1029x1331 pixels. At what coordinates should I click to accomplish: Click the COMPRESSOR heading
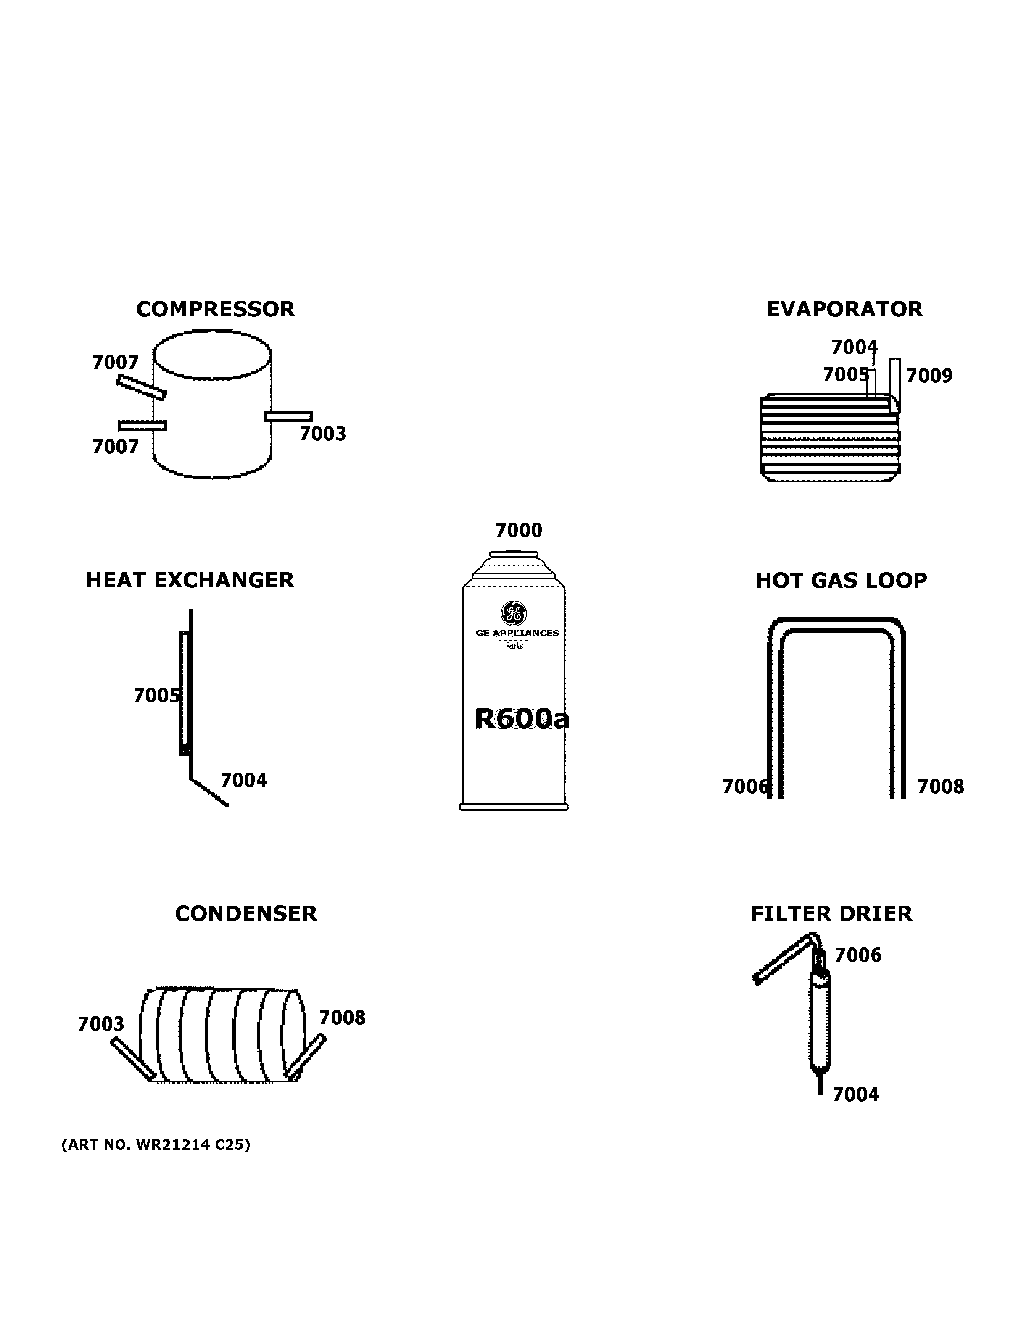pyautogui.click(x=215, y=310)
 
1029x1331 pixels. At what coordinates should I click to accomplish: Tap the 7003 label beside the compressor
pyautogui.click(x=322, y=434)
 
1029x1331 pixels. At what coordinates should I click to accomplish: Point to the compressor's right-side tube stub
pyautogui.click(x=288, y=416)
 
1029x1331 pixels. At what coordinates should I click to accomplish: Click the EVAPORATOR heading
pyautogui.click(x=844, y=310)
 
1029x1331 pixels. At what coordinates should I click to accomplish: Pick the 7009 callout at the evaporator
pyautogui.click(x=929, y=376)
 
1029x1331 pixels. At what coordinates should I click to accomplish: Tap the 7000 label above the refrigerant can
pyautogui.click(x=519, y=531)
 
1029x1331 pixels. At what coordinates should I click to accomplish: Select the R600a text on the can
pyautogui.click(x=522, y=719)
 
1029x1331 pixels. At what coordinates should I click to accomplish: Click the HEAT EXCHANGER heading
pyautogui.click(x=190, y=580)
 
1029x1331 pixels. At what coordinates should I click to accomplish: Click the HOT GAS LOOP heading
pyautogui.click(x=841, y=581)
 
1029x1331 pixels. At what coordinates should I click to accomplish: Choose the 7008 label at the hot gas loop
pyautogui.click(x=941, y=787)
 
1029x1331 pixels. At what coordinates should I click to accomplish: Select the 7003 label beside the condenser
pyautogui.click(x=100, y=1024)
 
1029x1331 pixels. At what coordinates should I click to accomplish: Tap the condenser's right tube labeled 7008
pyautogui.click(x=306, y=1056)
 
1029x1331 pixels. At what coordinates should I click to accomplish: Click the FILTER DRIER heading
pyautogui.click(x=831, y=914)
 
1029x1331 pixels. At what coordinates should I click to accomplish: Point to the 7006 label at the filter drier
pyautogui.click(x=857, y=955)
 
